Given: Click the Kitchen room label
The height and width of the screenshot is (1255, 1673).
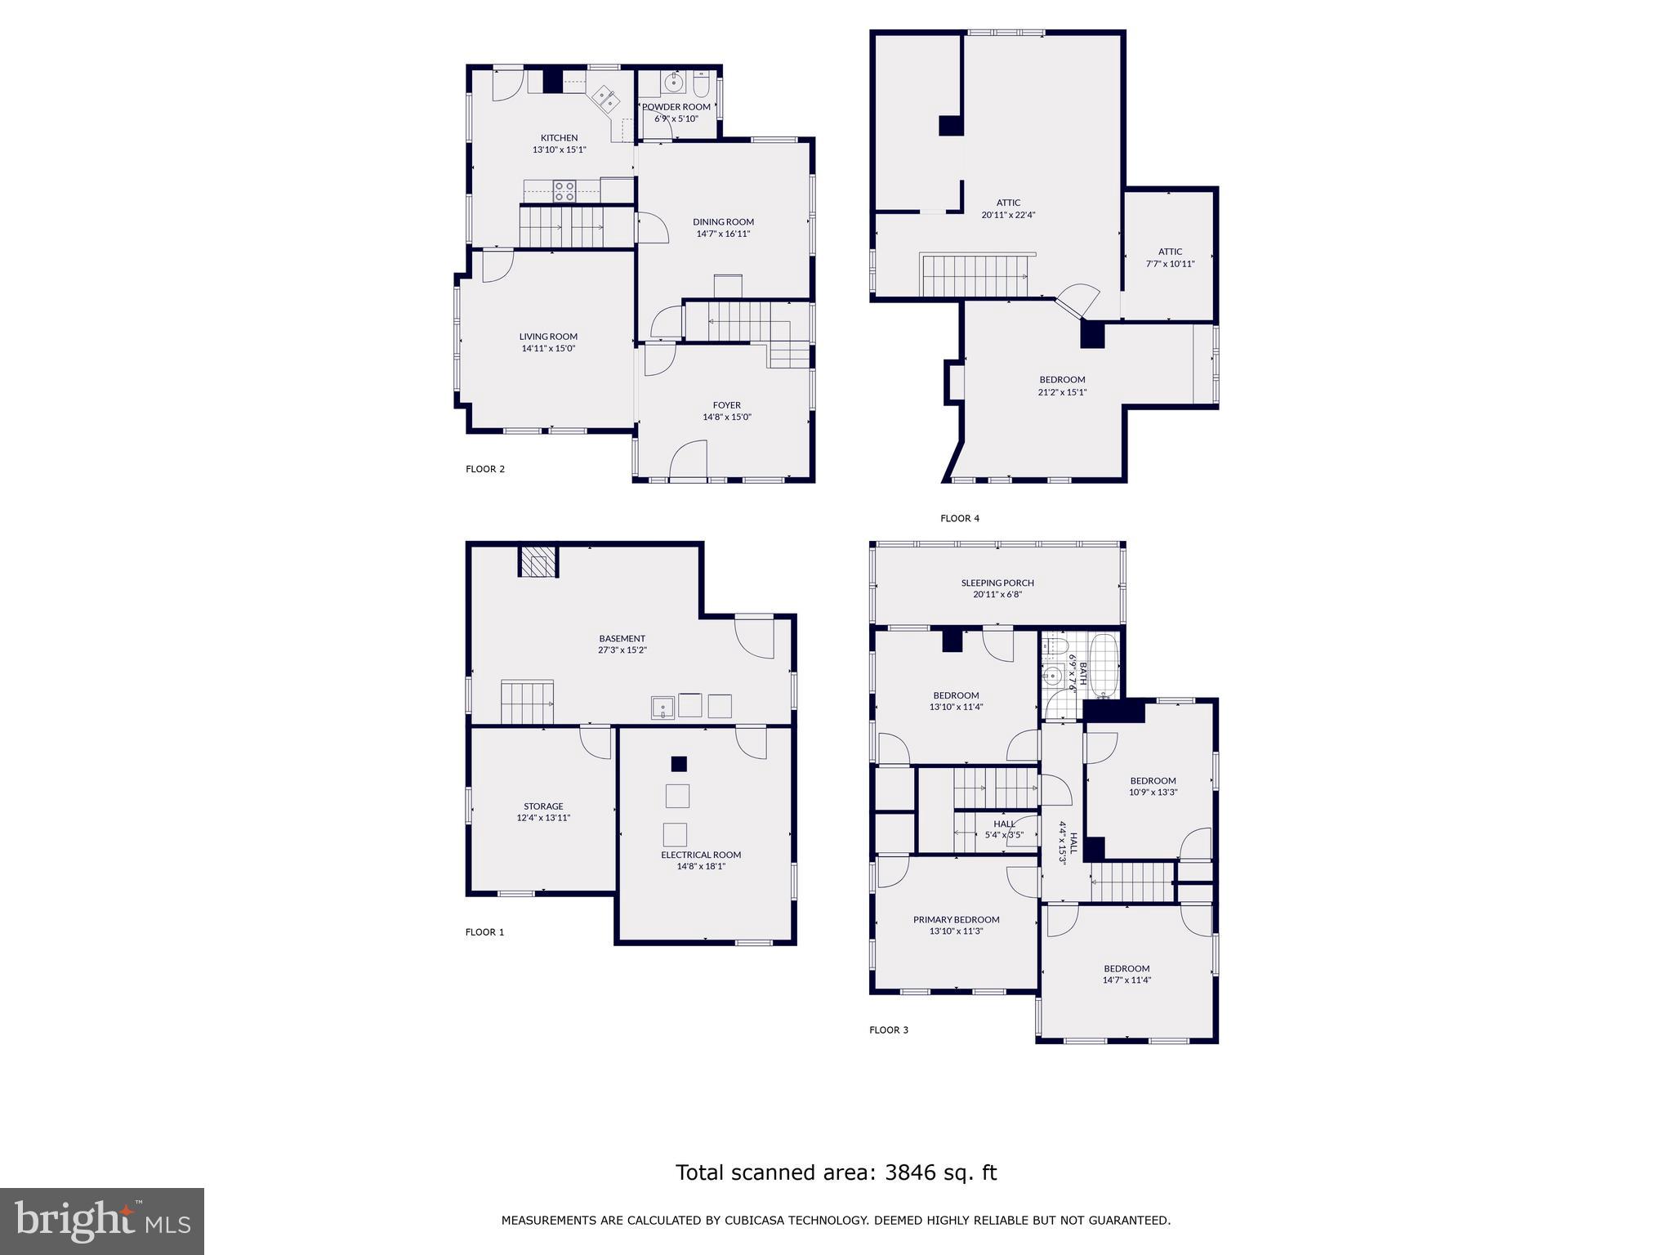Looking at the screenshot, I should click(x=559, y=138).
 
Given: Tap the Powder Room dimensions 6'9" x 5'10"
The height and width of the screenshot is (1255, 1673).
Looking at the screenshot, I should click(x=676, y=119).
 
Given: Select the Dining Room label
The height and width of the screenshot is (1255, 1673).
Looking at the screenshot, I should click(x=723, y=222).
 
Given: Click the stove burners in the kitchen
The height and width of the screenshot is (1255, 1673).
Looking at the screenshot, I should click(x=564, y=191).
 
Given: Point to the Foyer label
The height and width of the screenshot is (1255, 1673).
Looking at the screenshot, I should click(x=726, y=405).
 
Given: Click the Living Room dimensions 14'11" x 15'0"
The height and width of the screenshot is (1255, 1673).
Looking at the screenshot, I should click(x=548, y=349).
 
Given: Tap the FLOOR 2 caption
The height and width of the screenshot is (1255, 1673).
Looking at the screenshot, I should click(x=485, y=469).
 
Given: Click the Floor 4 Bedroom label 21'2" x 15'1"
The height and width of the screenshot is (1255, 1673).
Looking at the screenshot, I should click(x=1062, y=380).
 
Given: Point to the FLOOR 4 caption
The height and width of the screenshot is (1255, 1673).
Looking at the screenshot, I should click(x=959, y=518).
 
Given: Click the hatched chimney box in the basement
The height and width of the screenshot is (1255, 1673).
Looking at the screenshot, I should click(x=538, y=562).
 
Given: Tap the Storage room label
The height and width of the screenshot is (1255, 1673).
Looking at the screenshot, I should click(x=543, y=806).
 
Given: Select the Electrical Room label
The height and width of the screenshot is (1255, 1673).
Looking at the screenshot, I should click(x=701, y=855).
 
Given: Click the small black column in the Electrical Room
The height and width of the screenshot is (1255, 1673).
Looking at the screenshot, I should click(x=679, y=764).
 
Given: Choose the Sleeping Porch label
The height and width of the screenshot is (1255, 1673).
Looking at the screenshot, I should click(x=997, y=583).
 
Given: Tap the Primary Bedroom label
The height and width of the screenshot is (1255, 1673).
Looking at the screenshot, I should click(x=956, y=920).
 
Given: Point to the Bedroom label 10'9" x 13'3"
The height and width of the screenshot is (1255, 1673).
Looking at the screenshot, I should click(x=1153, y=781).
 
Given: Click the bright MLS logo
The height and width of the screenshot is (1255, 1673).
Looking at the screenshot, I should click(x=102, y=1222).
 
